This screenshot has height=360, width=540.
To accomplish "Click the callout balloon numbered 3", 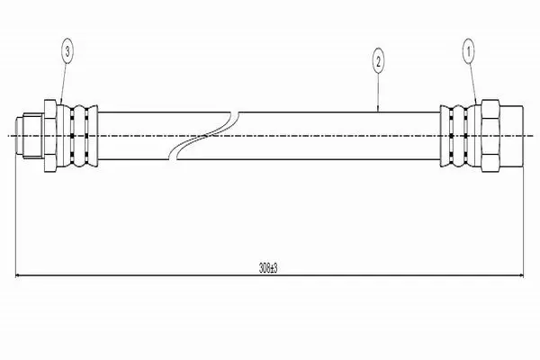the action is tap(67, 52).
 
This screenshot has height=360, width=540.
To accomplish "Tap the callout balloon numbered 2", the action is tap(378, 62).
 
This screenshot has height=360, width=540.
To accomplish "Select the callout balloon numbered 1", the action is tap(468, 51).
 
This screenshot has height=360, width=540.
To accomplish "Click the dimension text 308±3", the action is tap(268, 268).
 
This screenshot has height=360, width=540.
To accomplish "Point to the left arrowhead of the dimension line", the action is tap(19, 275).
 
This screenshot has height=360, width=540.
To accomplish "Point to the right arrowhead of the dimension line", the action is tap(519, 275).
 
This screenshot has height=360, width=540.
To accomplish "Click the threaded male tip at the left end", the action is tap(30, 136).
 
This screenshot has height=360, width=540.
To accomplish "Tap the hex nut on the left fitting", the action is tap(50, 136).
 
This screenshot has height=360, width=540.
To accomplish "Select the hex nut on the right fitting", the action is tap(490, 136).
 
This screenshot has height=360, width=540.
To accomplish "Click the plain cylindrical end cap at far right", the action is tap(511, 136).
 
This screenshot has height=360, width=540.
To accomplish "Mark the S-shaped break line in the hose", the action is tap(204, 136).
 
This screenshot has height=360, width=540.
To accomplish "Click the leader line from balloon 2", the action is tap(378, 93).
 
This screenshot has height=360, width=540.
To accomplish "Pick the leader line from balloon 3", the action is tap(63, 84).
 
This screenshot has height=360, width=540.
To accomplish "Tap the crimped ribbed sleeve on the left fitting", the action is tap(77, 136).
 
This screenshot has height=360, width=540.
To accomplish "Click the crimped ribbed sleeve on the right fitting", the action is tap(461, 136).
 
